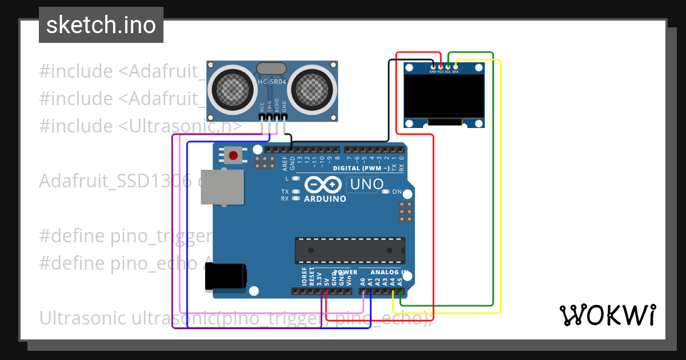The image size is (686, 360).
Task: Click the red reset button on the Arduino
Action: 233,155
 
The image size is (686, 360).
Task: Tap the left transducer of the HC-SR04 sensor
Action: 232,88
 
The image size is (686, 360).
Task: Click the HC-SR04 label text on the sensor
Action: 272,82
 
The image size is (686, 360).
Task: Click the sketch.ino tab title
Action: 101,25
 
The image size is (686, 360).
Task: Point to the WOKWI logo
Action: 607,315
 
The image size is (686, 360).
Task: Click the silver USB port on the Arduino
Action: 221,187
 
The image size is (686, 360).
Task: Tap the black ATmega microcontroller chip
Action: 350,250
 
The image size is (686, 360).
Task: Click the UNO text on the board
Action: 366,185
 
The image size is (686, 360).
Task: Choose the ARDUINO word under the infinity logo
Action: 325,199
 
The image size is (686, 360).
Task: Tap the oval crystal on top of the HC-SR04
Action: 272,69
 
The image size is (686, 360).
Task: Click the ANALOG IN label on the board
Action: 389,273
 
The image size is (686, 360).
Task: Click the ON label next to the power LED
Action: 397,192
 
